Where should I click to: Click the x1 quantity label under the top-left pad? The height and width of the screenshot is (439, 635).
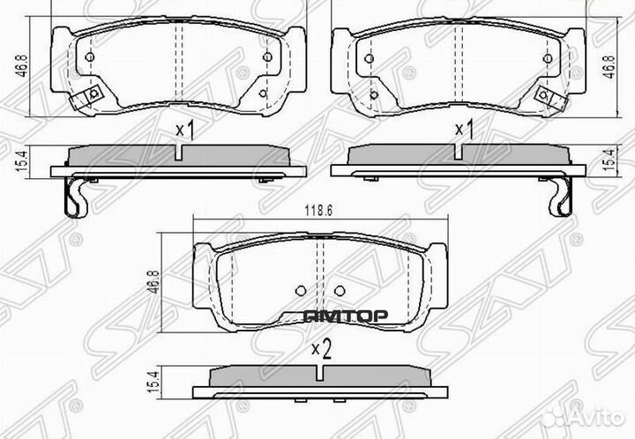[x=184, y=130]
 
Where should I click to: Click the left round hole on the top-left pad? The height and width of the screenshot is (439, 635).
[x=90, y=59]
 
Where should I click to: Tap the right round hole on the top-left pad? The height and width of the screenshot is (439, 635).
[x=266, y=59]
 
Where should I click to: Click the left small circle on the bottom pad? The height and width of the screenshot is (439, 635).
[x=301, y=290]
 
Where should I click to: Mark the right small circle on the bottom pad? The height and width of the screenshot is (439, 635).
[x=340, y=290]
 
